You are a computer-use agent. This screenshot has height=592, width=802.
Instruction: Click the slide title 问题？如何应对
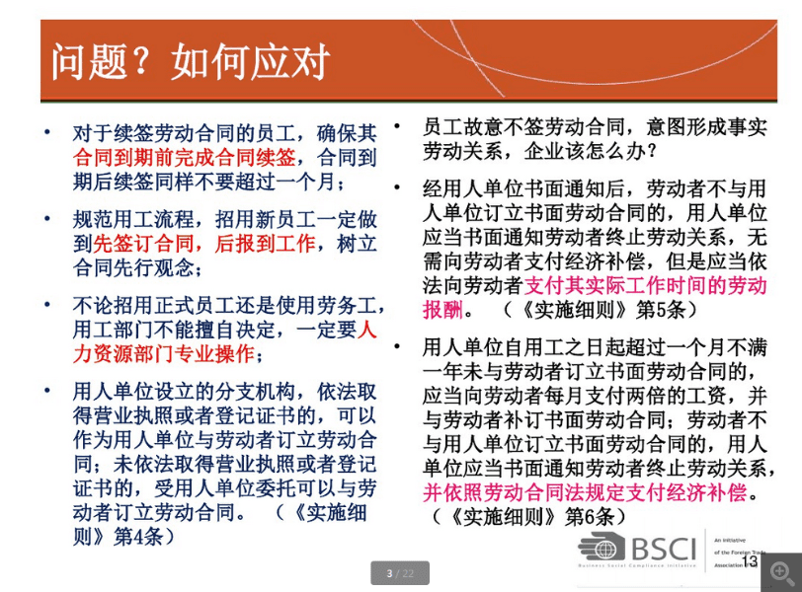[191, 62]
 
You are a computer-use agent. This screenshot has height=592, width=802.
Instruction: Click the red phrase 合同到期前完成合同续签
[183, 157]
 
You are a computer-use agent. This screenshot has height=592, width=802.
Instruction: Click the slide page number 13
[750, 561]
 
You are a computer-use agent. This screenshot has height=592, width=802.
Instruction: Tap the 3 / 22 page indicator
[400, 573]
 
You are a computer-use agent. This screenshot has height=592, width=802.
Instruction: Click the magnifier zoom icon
[780, 572]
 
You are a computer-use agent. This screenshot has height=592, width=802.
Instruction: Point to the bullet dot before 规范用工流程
[48, 219]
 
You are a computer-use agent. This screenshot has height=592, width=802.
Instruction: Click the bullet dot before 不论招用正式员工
[48, 305]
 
